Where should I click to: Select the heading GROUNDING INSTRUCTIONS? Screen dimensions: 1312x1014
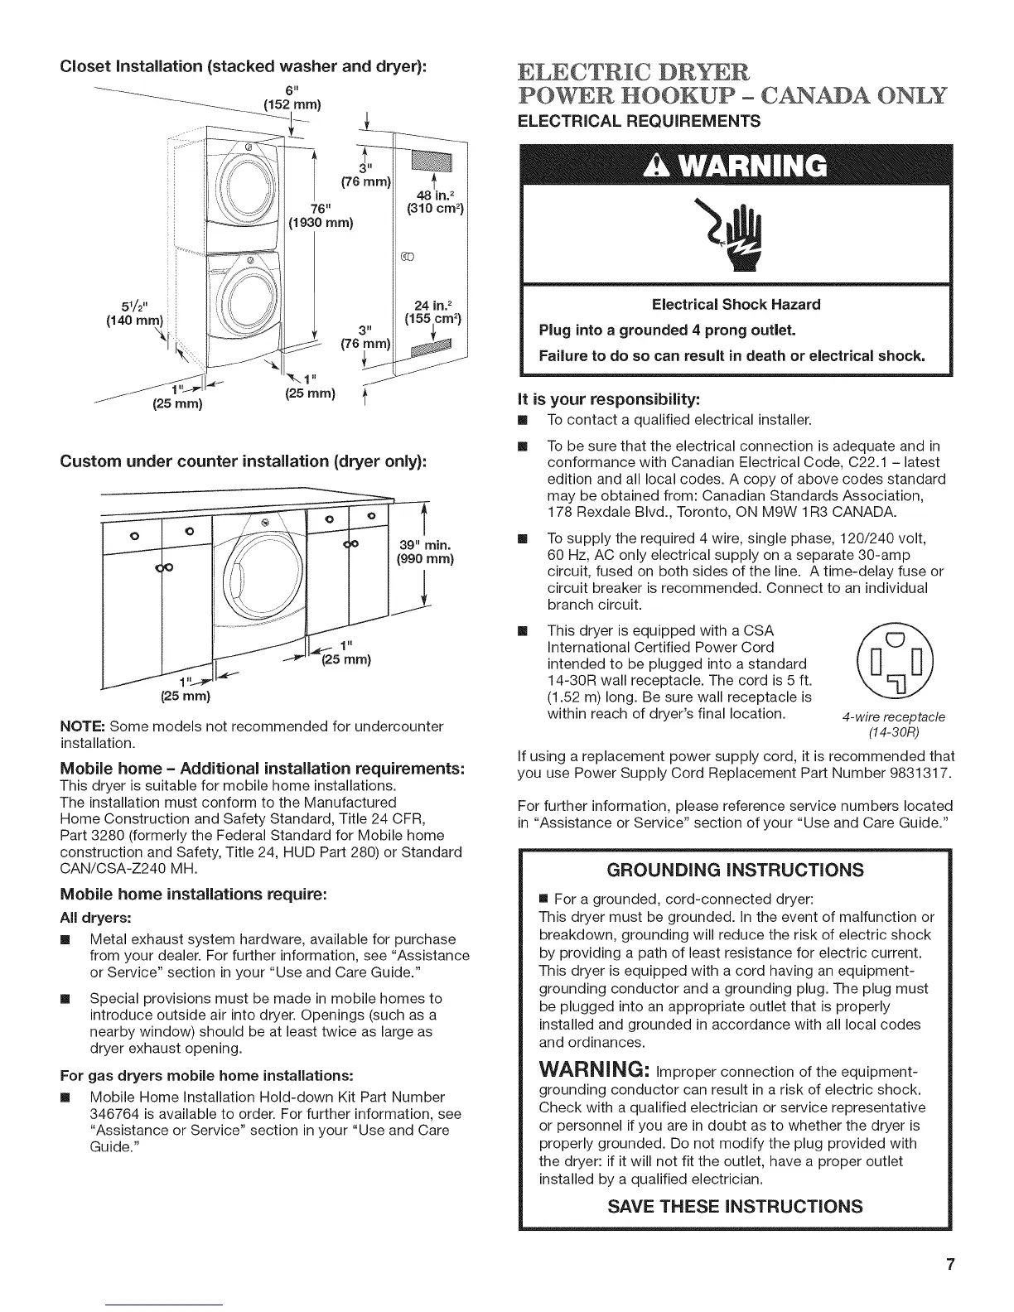coord(735,870)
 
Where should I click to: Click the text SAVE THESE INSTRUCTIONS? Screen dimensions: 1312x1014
coord(735,1205)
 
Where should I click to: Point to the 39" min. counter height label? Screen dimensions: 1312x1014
coord(424,552)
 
